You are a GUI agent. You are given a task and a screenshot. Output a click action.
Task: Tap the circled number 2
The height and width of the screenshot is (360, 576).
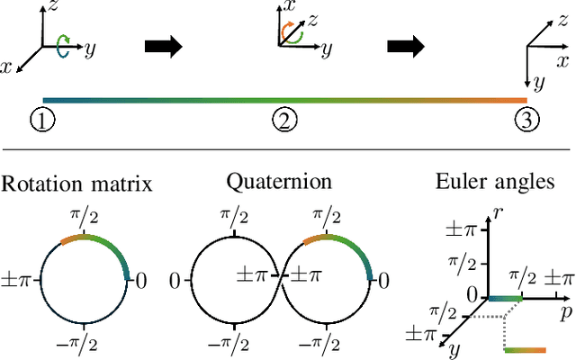click(x=284, y=119)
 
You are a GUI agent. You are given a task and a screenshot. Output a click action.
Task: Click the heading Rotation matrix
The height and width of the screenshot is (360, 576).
click(x=76, y=184)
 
